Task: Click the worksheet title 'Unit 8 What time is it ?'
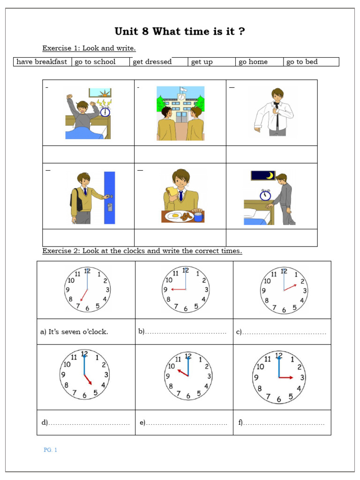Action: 180,32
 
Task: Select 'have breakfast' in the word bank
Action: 42,62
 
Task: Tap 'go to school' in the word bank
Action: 95,62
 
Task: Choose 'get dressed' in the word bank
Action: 152,62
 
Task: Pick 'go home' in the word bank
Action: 253,62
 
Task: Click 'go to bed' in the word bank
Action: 302,62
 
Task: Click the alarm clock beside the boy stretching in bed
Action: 105,112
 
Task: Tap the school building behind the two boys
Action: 181,105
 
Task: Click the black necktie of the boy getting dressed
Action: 277,117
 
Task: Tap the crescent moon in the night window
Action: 270,175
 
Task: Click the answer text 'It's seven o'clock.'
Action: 78,332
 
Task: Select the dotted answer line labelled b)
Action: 186,332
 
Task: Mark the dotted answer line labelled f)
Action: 284,423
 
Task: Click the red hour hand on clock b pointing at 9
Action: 178,290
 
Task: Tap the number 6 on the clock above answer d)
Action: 84,395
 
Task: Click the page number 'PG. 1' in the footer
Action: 50,450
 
